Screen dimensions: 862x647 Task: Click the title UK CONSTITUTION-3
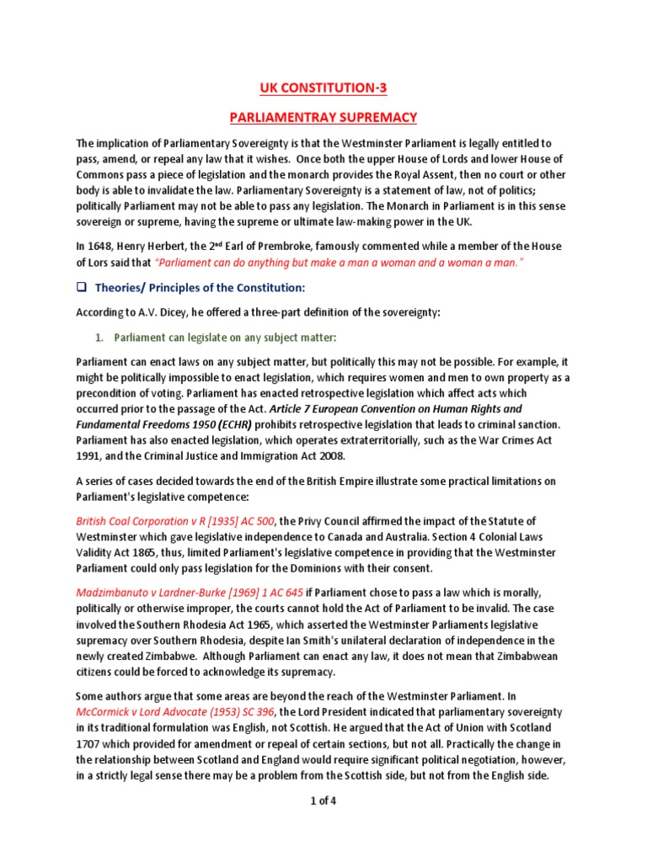[x=323, y=87]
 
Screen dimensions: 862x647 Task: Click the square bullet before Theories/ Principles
[x=82, y=288]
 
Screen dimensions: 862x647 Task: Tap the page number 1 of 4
[x=323, y=801]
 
